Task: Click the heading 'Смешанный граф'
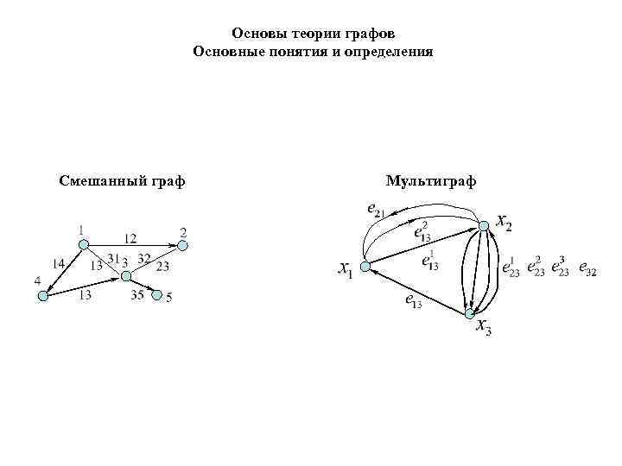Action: click(122, 181)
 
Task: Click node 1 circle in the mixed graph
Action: click(83, 245)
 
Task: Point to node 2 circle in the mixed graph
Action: click(182, 245)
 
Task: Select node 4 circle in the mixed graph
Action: click(43, 296)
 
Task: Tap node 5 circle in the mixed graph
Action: click(157, 296)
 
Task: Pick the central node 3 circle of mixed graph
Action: click(126, 276)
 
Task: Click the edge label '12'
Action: click(130, 237)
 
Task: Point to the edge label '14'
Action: click(58, 263)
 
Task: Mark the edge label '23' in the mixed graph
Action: click(162, 266)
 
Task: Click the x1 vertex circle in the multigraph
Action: click(365, 268)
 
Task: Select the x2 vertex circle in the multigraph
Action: click(484, 225)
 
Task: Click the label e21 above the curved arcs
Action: click(376, 208)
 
